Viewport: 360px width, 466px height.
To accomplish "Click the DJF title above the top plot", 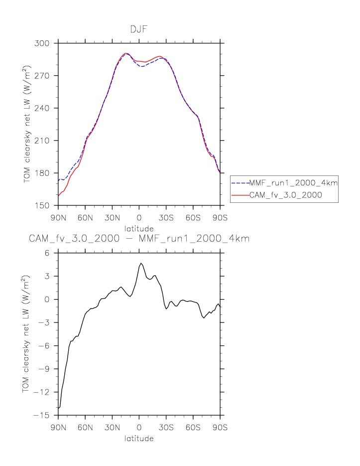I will [x=139, y=29].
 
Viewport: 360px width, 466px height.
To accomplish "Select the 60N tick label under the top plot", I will [x=85, y=218].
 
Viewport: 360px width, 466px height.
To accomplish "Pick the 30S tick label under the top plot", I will [x=166, y=218].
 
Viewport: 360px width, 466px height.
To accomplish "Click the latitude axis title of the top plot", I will [x=139, y=228].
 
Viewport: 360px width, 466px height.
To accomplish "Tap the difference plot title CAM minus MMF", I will [x=139, y=239].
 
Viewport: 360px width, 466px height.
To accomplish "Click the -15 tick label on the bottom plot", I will [x=45, y=416].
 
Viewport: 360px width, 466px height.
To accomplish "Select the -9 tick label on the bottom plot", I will [x=46, y=369].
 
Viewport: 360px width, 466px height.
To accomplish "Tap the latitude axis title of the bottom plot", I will [x=139, y=439].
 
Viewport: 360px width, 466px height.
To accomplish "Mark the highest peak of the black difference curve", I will [x=141, y=263].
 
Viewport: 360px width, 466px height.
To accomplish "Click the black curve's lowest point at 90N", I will [x=59, y=408].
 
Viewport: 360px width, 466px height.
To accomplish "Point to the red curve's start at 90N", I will [x=59, y=196].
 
